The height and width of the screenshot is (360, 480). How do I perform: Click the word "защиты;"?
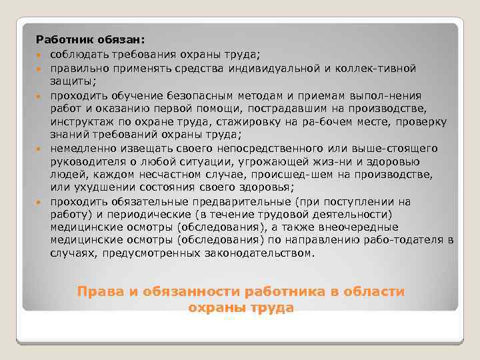tap(70, 81)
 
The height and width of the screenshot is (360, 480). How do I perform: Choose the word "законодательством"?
tap(241, 253)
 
